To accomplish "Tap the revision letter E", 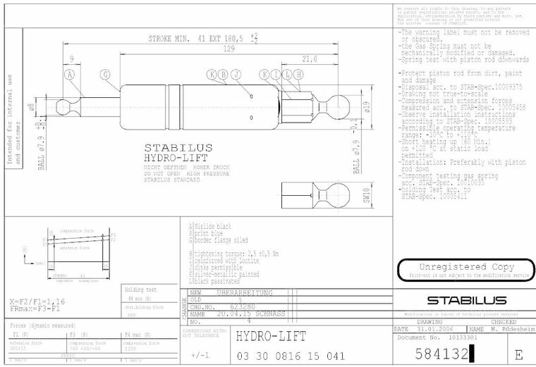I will (520, 354).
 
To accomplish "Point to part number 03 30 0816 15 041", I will (291, 354).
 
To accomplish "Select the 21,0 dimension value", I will (308, 59).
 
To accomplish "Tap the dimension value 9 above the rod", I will (73, 59).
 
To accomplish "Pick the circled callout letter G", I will (105, 74).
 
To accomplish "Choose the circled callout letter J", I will (236, 74).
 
